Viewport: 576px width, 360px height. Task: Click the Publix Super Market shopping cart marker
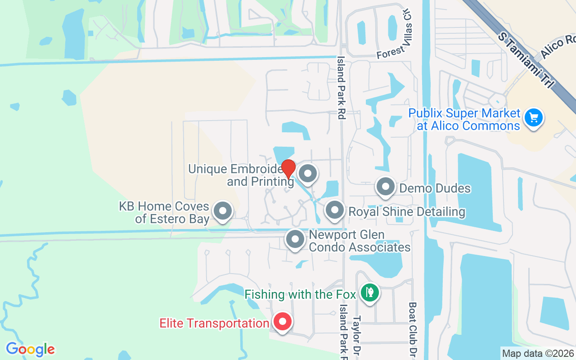coord(534,118)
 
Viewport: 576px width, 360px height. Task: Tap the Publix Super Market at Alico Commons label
coord(464,119)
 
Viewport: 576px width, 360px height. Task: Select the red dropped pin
coord(288,169)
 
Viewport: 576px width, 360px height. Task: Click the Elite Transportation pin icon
coord(282,322)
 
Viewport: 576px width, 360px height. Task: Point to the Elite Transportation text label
coord(214,323)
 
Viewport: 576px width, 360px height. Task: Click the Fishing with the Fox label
coord(300,295)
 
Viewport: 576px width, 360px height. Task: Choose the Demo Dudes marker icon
coord(385,187)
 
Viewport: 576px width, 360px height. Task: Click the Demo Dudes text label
coord(435,188)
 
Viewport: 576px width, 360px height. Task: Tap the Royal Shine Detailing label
coord(407,211)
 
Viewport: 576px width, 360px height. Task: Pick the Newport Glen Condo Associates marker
coord(295,240)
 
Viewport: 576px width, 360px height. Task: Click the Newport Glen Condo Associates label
coord(359,241)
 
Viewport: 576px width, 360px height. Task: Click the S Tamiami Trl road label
coord(527,60)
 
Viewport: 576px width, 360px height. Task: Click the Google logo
coord(30,349)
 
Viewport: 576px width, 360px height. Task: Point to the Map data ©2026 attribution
coord(538,354)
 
